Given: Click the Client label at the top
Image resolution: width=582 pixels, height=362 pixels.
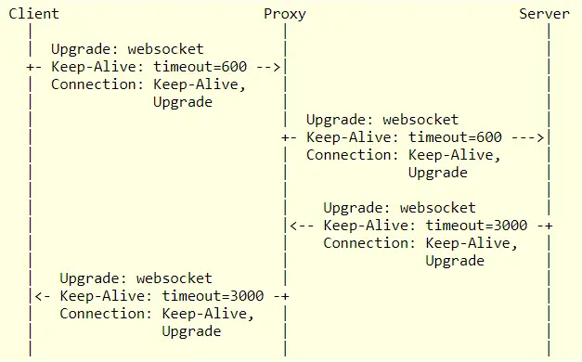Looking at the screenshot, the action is [33, 14].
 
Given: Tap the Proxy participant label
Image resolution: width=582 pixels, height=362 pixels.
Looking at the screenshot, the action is [285, 15].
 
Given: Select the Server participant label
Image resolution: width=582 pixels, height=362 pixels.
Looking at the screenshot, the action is [544, 14].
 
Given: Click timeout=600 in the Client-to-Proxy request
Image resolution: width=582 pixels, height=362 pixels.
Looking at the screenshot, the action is [200, 67].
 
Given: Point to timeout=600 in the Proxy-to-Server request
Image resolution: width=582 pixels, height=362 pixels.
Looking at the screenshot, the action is [455, 137].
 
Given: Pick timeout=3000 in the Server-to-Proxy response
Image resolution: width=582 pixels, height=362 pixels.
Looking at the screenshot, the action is [476, 226].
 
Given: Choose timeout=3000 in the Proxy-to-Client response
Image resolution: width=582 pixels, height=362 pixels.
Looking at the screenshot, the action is [213, 296].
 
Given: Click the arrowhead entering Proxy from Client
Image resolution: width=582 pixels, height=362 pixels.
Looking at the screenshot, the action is [277, 67].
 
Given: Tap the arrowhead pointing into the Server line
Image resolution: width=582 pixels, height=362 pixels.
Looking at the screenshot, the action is [540, 137].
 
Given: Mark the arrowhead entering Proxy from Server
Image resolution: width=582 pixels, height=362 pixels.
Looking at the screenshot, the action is [293, 226].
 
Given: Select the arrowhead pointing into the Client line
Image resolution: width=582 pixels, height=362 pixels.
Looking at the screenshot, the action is [39, 296].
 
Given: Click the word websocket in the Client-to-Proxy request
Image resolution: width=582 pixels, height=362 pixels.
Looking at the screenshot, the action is [165, 49].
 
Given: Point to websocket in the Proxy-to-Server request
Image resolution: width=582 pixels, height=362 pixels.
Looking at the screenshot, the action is [420, 120].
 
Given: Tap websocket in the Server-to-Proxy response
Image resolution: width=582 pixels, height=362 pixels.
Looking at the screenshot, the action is [437, 208].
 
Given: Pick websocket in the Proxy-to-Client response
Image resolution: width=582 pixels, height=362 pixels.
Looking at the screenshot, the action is [175, 278].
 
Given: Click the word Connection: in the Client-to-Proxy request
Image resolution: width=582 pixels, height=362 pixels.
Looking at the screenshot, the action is [97, 84].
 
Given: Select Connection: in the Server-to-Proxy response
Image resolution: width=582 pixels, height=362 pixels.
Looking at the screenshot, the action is [369, 243].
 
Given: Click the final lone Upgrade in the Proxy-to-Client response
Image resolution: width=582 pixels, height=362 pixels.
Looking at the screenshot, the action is [191, 331].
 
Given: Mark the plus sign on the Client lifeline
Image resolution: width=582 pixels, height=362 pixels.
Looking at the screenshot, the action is [30, 67].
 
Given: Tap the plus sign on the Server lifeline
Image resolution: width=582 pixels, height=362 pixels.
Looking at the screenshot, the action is [549, 226].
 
